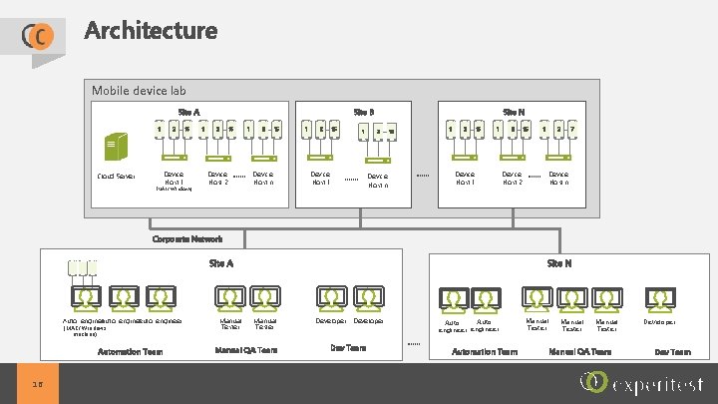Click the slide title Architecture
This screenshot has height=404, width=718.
[151, 30]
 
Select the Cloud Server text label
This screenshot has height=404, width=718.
[117, 177]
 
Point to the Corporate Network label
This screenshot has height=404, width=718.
[186, 239]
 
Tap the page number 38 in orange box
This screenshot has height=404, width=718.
[37, 384]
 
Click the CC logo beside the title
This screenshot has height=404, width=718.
[37, 36]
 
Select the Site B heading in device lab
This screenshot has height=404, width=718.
[365, 112]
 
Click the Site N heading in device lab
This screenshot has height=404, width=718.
[516, 112]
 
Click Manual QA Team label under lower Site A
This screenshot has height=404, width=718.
[246, 350]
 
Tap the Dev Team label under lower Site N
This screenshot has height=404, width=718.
[671, 352]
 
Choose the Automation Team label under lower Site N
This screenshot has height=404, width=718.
[485, 352]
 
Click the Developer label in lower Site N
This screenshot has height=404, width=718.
[659, 322]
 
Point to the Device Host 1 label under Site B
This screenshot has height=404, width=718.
[321, 177]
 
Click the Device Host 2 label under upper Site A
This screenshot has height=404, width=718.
[217, 177]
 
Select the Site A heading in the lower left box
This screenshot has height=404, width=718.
[220, 263]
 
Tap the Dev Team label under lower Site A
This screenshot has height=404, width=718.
[348, 348]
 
